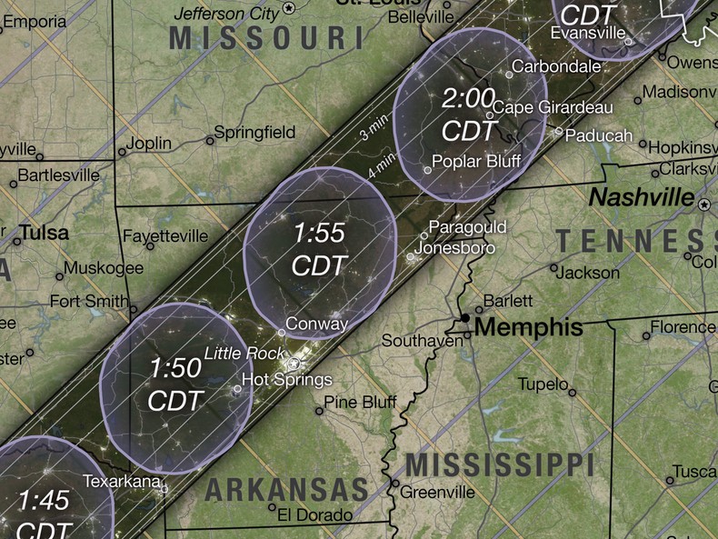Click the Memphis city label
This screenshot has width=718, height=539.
coord(528,327)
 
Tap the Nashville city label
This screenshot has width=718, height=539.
coord(641,197)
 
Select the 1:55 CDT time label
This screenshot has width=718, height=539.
coord(319,248)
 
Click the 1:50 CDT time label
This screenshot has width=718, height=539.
coord(175,384)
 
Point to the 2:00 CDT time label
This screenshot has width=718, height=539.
coord(468,114)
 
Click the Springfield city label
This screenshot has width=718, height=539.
coord(255,133)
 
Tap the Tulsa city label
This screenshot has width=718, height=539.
coord(44,233)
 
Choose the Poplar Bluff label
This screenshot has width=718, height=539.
coord(476,162)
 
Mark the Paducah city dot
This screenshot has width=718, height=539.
coord(558,131)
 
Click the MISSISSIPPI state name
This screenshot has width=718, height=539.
coord(499,464)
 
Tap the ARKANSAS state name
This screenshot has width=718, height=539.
coord(286,489)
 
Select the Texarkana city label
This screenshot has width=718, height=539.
coord(122,480)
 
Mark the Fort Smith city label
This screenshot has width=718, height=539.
coord(88,301)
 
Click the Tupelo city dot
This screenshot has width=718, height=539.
coord(573,392)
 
